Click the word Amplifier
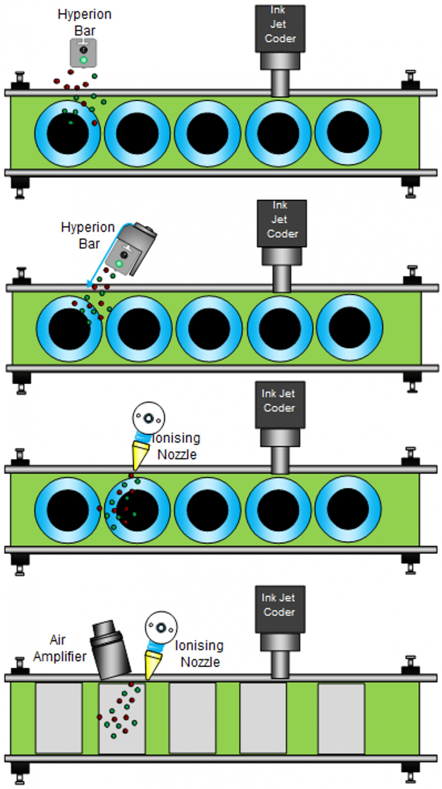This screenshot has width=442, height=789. (x=60, y=656)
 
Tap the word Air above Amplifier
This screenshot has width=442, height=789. (x=58, y=640)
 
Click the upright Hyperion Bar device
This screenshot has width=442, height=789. (x=83, y=53)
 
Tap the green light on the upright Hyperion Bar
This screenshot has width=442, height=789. (x=83, y=60)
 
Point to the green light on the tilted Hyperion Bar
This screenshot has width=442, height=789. (x=119, y=264)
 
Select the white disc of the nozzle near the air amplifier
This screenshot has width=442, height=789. (x=161, y=627)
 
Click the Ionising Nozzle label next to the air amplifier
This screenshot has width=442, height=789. (x=199, y=653)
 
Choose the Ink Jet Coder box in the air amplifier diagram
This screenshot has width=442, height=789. (x=280, y=609)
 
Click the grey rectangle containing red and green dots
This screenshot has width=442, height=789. (x=122, y=718)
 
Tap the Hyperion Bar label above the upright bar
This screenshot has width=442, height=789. (x=85, y=22)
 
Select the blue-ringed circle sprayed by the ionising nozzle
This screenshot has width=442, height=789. (x=137, y=510)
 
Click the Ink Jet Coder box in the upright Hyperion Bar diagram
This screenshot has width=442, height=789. (x=280, y=28)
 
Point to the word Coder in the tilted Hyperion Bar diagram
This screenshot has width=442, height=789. (x=282, y=234)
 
